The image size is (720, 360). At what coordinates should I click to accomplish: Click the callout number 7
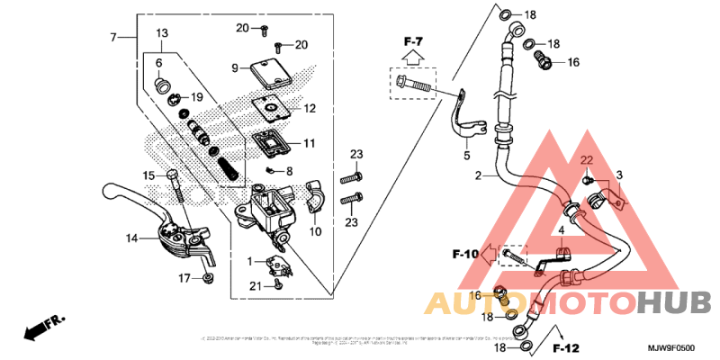click(x=113, y=37)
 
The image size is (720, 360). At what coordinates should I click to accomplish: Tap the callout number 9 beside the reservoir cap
click(x=233, y=67)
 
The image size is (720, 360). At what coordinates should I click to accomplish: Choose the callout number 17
click(x=183, y=278)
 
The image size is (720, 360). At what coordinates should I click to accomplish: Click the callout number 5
click(x=467, y=156)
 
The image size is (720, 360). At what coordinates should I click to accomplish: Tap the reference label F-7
click(x=413, y=40)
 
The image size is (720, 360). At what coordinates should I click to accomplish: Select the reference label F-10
click(x=464, y=256)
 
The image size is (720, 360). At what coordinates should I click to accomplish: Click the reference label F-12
click(x=564, y=347)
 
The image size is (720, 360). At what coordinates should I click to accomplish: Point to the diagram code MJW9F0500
click(x=671, y=347)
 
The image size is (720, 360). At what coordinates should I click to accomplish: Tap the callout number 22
click(x=585, y=159)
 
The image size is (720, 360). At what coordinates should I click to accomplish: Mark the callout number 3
click(x=619, y=175)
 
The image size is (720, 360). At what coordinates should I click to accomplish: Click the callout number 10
click(x=316, y=231)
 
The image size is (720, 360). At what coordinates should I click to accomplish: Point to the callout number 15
click(x=148, y=175)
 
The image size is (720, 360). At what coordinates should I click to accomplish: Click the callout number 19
click(x=197, y=97)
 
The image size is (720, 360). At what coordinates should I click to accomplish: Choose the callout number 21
click(x=255, y=285)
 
